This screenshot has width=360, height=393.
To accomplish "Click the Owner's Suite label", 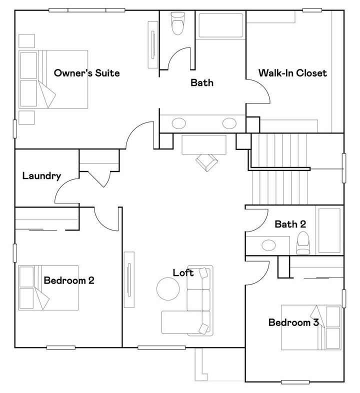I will tap(87, 73).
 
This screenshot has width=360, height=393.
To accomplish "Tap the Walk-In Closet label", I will tap(292, 73).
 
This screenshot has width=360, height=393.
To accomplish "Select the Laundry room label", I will tap(42, 175).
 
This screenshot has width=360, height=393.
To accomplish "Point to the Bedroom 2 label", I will tap(69, 280).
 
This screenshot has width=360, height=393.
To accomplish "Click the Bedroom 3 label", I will tap(293, 322).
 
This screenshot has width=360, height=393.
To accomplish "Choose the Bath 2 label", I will tap(290, 224).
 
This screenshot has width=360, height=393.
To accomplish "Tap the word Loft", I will tap(183, 272).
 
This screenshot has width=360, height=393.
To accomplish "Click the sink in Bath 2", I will tap(269, 245).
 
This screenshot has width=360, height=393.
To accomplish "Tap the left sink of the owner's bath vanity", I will tap(178, 122).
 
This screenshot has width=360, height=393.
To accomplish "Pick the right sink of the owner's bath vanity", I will tap(229, 122).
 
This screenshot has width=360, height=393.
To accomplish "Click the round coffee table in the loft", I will tap(168, 288).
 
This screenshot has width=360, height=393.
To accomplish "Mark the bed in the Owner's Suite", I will tap(53, 79).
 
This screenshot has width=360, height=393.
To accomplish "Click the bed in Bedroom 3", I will tap(311, 327).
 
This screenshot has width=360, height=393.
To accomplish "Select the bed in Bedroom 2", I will tap(48, 288).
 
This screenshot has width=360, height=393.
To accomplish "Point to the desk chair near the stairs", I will tap(206, 161).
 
